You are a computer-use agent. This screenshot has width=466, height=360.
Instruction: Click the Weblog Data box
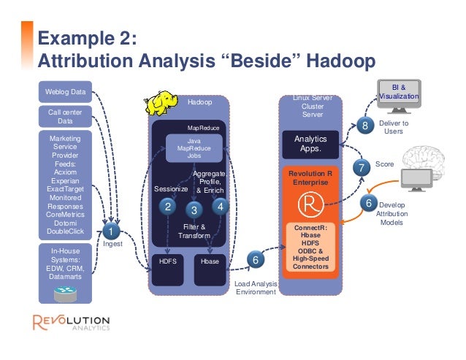66,91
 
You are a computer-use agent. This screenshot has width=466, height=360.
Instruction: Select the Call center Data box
65,117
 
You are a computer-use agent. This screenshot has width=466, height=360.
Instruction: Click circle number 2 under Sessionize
167,207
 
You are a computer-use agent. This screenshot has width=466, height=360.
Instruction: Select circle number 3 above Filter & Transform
194,210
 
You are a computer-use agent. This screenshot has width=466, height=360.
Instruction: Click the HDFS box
169,260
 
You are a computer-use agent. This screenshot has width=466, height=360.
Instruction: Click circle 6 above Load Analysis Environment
254,260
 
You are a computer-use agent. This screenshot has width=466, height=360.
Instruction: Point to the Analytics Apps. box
311,143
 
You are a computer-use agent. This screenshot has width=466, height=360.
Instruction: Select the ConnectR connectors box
310,248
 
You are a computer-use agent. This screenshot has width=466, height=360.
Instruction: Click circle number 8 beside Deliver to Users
365,127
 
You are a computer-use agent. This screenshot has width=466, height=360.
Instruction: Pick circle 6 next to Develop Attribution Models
368,202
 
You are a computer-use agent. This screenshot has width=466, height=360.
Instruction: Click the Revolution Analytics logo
71,323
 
